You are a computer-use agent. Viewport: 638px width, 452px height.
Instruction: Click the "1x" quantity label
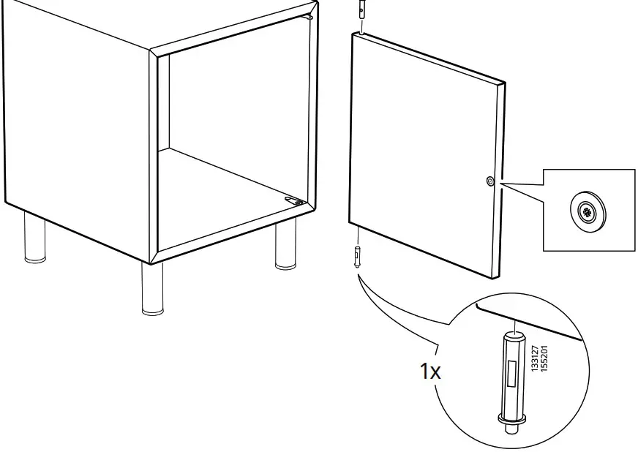430,371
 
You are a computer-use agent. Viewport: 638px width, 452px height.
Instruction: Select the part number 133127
535,358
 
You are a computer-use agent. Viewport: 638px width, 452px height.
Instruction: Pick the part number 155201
544,358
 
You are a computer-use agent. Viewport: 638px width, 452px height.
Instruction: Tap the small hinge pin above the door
361,12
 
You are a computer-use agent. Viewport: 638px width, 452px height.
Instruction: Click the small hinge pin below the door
356,257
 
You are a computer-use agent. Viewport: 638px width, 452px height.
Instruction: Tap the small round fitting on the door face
489,181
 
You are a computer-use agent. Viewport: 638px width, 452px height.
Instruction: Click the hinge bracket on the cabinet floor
294,199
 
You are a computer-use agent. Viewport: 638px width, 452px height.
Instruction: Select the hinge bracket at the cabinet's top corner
311,13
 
